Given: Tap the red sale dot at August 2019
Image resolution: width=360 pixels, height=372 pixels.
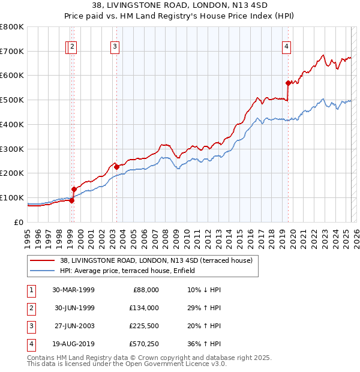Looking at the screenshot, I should [288, 83].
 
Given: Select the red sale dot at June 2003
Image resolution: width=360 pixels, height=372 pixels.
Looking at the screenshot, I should [116, 167].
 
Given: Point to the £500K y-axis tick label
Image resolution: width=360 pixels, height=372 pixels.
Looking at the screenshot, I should [12, 100].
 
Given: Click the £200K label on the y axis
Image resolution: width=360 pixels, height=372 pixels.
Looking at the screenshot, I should [12, 173].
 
